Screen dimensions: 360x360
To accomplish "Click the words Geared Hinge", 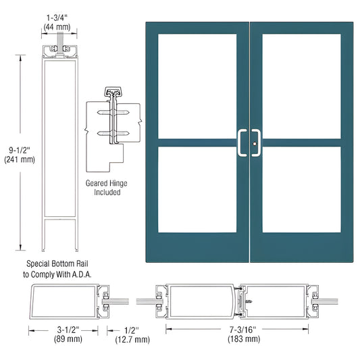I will point(107,183).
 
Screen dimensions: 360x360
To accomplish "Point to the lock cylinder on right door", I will point(256,143).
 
